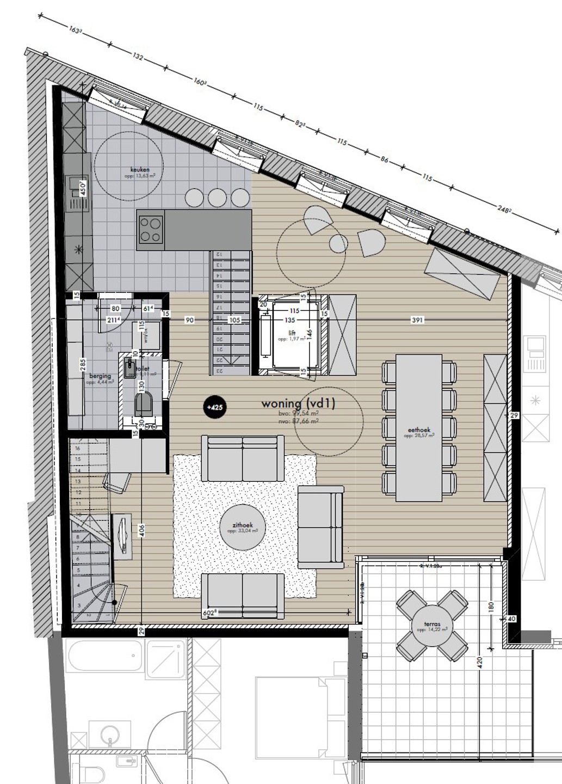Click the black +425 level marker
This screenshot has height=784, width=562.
215,407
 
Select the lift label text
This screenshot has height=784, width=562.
292,333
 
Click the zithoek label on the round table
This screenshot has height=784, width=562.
243,526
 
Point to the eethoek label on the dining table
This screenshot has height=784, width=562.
419,430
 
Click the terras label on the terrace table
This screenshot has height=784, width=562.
432,624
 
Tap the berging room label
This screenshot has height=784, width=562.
100,376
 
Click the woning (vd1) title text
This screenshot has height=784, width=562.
298,403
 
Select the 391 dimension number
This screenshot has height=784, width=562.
417,320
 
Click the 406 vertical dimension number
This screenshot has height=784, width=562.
141,531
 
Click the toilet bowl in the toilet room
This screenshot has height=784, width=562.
143,403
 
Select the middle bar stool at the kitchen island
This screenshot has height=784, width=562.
217,197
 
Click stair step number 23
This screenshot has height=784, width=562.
220,370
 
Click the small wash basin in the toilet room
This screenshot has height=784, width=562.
130,369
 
